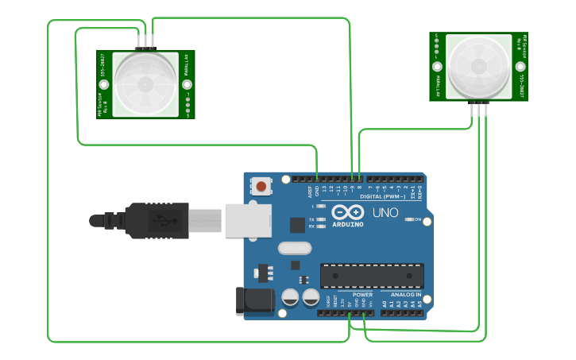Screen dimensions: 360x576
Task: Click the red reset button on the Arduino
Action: pyautogui.click(x=261, y=187)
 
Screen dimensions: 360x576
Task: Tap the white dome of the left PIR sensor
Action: pyautogui.click(x=145, y=83)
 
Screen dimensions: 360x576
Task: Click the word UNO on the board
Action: pyautogui.click(x=385, y=212)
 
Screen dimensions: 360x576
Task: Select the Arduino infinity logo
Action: pyautogui.click(x=348, y=212)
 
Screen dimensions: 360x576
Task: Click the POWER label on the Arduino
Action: pyautogui.click(x=362, y=294)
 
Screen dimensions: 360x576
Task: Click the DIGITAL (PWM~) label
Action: pyautogui.click(x=383, y=196)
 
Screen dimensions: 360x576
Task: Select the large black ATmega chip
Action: pyautogui.click(x=371, y=275)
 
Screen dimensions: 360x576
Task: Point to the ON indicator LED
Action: pyautogui.click(x=408, y=219)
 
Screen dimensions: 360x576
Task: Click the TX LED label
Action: pyautogui.click(x=311, y=219)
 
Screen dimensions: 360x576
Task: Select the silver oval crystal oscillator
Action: pyautogui.click(x=295, y=248)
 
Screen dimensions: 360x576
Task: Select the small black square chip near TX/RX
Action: pyautogui.click(x=297, y=225)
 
